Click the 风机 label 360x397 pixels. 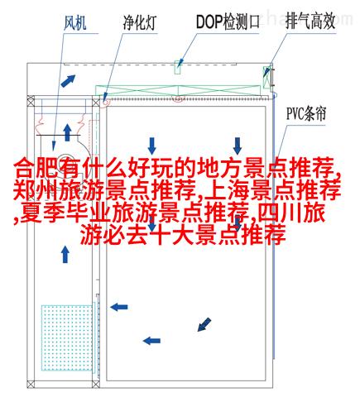(x=75, y=23)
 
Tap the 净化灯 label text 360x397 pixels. (x=140, y=23)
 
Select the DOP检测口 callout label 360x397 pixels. (x=228, y=22)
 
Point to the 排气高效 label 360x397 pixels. (x=310, y=22)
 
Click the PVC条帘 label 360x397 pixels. (x=306, y=114)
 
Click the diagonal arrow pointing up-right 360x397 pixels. (x=68, y=80)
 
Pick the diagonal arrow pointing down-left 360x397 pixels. (x=204, y=324)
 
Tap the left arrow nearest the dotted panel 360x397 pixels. (x=119, y=307)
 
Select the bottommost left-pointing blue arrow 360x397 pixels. (x=151, y=341)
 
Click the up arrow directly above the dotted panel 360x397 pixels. (x=65, y=254)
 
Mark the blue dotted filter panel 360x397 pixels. (x=67, y=337)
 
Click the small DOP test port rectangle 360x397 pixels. (x=178, y=67)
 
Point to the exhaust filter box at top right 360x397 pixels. (x=266, y=77)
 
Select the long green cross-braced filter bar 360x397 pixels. (x=178, y=90)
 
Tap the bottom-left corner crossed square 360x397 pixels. (x=31, y=384)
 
